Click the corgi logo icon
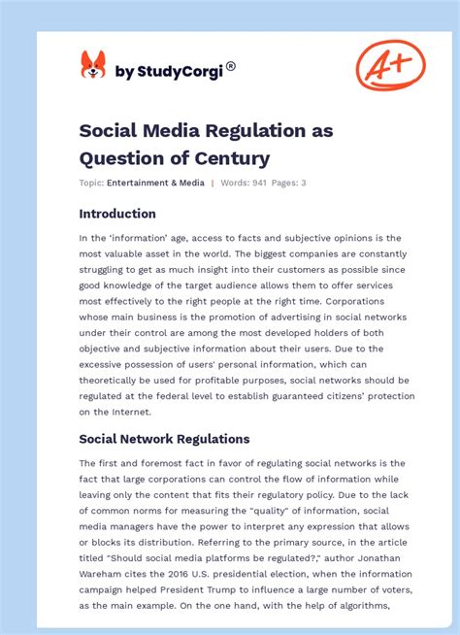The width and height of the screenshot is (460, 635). (93, 65)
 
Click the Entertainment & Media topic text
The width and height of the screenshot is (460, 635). (155, 183)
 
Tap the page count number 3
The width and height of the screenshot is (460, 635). (305, 183)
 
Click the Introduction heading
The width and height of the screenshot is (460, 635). (117, 214)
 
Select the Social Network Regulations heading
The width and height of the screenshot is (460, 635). (164, 439)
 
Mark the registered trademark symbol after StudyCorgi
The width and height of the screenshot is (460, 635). (230, 66)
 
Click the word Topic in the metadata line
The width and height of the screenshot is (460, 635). (91, 183)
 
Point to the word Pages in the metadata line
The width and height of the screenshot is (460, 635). (282, 183)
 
